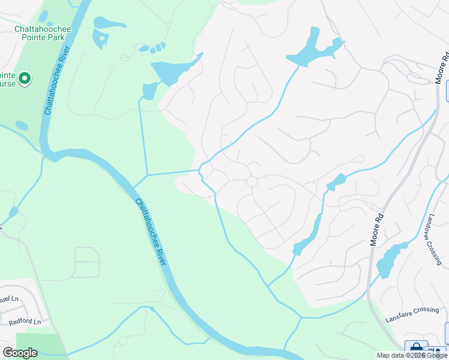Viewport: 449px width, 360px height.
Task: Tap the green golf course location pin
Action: [x=25, y=79]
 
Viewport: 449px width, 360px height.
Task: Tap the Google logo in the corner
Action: [x=19, y=352]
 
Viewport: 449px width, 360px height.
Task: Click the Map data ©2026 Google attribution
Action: [x=412, y=355]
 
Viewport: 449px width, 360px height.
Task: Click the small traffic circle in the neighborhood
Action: [x=252, y=181]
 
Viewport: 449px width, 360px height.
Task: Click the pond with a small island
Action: [x=100, y=40]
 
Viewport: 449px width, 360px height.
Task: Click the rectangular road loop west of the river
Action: [x=86, y=262]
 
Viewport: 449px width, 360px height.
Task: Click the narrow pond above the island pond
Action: [x=110, y=23]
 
